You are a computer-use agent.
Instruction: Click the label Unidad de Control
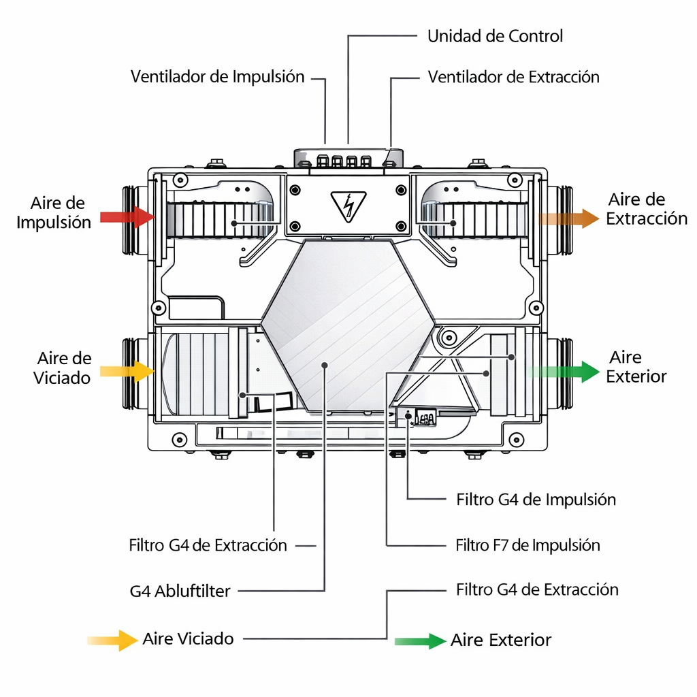[x=495, y=36]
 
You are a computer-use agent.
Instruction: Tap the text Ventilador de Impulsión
[x=217, y=76]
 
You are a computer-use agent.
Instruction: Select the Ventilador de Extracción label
[x=513, y=77]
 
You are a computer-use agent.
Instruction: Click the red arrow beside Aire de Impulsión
[x=127, y=217]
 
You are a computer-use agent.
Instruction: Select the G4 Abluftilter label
[x=180, y=591]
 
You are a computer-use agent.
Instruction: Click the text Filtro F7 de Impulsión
[x=528, y=545]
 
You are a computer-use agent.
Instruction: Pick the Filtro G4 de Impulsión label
[x=536, y=500]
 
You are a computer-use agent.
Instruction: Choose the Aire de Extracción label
[x=646, y=209]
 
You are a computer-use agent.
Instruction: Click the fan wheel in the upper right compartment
[x=472, y=220]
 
